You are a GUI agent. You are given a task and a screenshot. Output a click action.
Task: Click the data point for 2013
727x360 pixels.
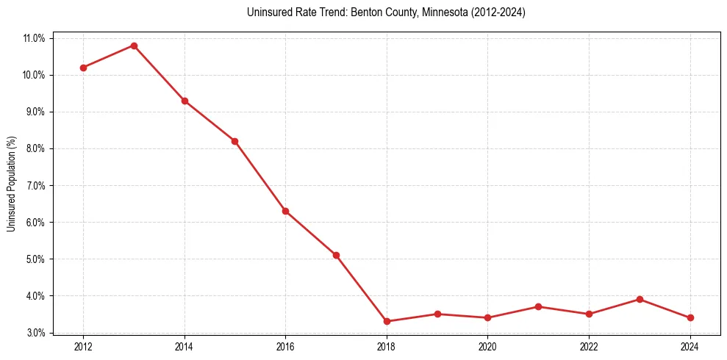134,46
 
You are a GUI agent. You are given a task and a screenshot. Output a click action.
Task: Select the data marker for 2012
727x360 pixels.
83,68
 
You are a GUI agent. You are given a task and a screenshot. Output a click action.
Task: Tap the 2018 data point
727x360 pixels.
387,321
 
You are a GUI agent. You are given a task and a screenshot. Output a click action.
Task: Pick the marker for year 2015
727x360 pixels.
234,141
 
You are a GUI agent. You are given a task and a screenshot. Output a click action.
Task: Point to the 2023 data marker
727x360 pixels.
640,299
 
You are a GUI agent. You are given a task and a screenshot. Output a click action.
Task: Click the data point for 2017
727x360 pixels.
336,255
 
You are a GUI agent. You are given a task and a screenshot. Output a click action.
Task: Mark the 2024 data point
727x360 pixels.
690,317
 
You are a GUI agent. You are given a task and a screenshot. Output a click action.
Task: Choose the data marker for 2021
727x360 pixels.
538,306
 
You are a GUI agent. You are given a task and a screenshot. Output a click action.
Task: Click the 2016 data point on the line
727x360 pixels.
285,211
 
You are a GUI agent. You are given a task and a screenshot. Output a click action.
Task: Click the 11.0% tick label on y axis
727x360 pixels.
35,38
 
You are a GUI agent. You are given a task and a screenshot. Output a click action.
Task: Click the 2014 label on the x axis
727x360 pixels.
185,346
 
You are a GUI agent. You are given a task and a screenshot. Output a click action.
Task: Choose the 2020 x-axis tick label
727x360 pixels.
487,346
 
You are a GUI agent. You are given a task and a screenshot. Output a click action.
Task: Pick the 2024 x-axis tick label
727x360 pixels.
690,346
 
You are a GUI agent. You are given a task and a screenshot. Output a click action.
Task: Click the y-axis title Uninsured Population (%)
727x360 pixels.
12,184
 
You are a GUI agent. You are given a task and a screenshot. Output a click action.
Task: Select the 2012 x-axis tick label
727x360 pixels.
83,346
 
